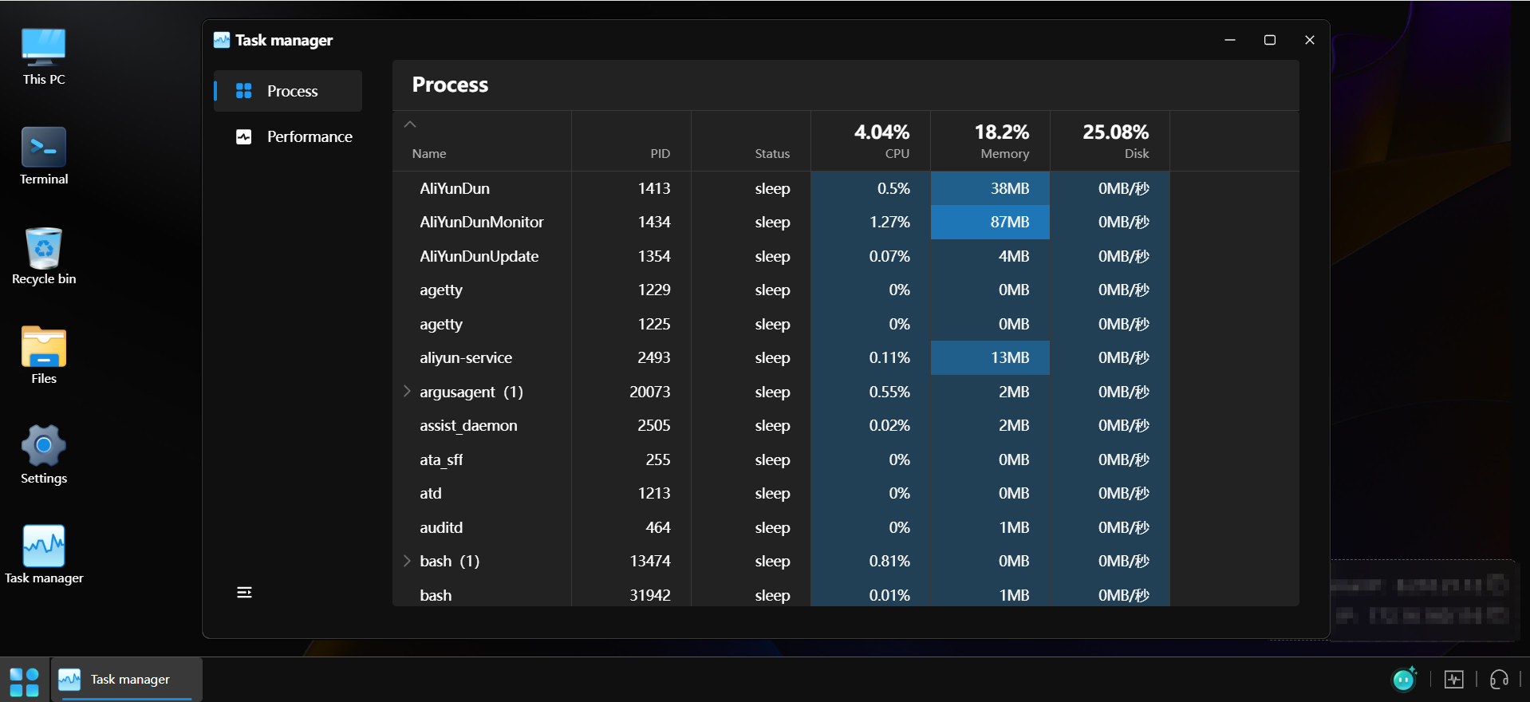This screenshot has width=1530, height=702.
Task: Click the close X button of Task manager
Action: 1309,40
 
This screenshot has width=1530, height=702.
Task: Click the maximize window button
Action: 1269,40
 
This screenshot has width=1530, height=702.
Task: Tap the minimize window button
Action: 1229,40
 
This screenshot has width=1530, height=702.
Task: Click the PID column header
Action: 660,153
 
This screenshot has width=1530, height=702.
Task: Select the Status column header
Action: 771,153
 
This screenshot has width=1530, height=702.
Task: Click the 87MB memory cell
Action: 1009,222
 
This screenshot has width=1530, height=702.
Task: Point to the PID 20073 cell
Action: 649,392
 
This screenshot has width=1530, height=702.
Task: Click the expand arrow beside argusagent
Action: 407,391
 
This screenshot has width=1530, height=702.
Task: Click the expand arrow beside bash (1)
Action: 407,561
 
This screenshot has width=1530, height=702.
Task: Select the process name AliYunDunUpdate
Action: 479,256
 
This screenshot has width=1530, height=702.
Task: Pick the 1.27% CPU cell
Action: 889,222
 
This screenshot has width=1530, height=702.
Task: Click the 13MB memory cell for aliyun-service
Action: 1009,357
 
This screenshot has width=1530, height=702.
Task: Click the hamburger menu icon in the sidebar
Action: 244,592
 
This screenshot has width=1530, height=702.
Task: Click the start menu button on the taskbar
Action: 24,681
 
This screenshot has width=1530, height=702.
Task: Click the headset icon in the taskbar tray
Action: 1498,679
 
